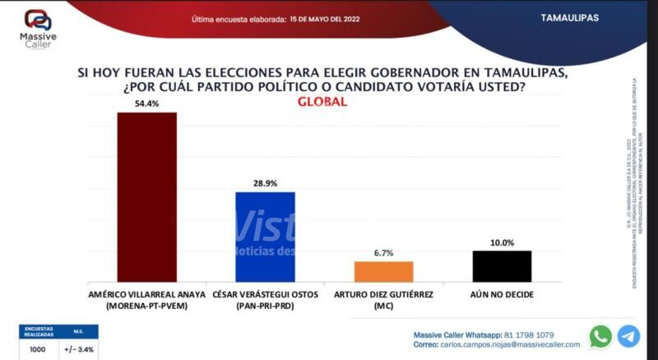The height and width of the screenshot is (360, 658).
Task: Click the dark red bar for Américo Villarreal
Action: coord(146,197)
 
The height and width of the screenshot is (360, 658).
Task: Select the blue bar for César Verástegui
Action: coord(265,238)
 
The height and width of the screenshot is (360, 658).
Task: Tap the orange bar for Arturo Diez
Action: coord(383,272)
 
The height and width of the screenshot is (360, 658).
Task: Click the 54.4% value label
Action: coord(147,104)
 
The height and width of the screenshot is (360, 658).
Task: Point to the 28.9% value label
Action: coord(265,184)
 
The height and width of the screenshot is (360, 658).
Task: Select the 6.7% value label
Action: coord(383,254)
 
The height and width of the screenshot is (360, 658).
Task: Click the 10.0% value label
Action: coord(502,242)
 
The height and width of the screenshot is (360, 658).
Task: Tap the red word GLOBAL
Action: coord(322,103)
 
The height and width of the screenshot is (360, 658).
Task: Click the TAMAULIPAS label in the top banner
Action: coord(570,17)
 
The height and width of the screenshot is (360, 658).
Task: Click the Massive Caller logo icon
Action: coord(36,20)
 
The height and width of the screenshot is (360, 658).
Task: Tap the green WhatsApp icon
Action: coord(600,336)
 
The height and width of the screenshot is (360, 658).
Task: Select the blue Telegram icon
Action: coord(628,336)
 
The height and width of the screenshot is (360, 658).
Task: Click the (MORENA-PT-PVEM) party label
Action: coord(146,306)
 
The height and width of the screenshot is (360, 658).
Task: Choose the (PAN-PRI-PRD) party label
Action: coord(265,306)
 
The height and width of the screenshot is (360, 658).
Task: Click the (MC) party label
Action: coord(383,306)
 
